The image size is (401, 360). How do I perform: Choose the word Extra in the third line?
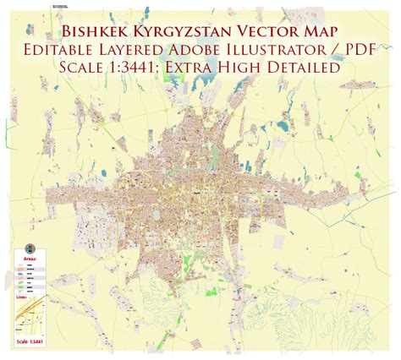219,65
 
